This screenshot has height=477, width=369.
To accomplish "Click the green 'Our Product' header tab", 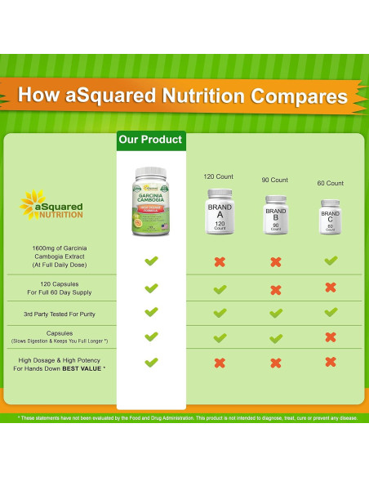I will (151, 140).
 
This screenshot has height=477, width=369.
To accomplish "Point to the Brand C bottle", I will (330, 216).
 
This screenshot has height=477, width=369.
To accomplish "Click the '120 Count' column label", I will (219, 176).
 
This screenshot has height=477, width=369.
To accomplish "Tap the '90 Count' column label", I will (275, 180).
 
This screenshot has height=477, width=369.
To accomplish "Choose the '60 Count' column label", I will (330, 183).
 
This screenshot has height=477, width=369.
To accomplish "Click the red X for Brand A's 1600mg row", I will (220, 261).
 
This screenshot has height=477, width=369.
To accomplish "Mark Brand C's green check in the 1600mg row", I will (330, 261).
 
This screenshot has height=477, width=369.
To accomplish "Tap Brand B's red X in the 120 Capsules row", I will (276, 289).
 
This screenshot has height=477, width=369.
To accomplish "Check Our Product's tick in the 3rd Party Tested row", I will (151, 312).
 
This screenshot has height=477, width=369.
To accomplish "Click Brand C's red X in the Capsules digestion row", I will (330, 337).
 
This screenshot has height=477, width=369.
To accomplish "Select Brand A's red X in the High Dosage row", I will (220, 362).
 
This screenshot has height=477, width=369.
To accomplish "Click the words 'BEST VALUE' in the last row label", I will (87, 368).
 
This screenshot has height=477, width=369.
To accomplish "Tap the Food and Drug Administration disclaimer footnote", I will (184, 417).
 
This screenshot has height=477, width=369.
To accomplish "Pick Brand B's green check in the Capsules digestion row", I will (276, 337).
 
